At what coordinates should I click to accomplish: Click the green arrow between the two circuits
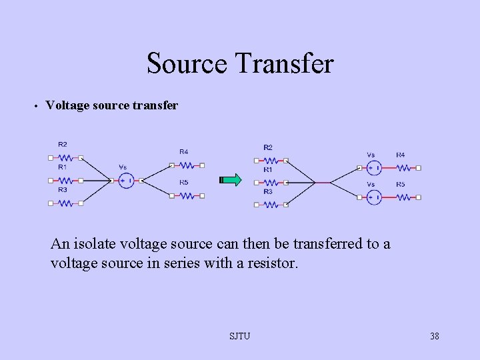click(x=231, y=179)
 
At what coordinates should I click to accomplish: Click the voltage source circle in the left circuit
click(x=126, y=179)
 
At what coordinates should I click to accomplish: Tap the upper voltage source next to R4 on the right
click(x=375, y=167)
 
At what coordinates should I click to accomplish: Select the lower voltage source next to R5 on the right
click(x=375, y=197)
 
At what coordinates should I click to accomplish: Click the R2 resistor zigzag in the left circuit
click(x=65, y=158)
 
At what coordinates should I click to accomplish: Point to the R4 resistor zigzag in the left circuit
click(x=188, y=165)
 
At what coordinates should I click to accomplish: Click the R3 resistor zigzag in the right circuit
click(x=270, y=205)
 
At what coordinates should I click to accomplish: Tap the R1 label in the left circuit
click(x=62, y=167)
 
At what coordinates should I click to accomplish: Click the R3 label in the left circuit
click(x=62, y=189)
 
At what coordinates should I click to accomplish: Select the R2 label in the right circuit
click(x=267, y=147)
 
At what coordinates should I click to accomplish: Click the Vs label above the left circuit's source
click(x=123, y=167)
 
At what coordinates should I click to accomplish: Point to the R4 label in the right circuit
click(x=401, y=155)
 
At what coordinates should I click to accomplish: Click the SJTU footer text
click(x=239, y=336)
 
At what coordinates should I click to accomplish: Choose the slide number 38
click(x=434, y=336)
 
